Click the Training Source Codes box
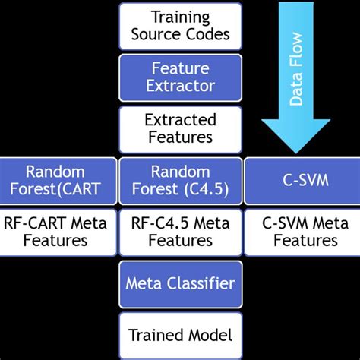180,26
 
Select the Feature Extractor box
180,77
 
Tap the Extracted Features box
180,129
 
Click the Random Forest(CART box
58,181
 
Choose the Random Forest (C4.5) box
180,181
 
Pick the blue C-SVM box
300,181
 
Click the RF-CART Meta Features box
58,232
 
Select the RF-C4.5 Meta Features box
180,232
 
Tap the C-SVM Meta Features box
300,232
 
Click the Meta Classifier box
180,283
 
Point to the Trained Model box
180,334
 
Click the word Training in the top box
180,17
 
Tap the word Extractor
180,87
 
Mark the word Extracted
180,120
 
